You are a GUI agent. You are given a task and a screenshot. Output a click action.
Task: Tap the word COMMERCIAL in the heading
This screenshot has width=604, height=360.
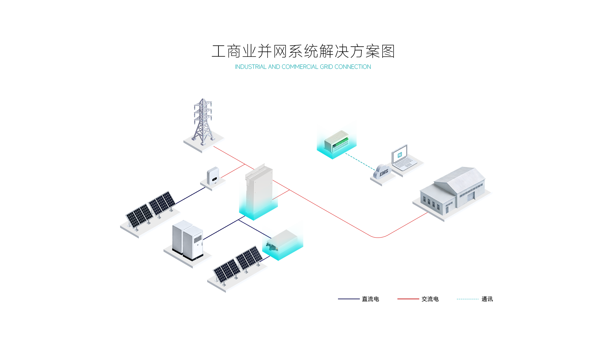click(x=300, y=67)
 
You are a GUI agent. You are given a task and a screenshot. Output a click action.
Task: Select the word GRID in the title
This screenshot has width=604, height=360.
click(x=326, y=67)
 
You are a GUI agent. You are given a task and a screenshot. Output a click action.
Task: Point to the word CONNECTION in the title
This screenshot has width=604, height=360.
click(x=352, y=67)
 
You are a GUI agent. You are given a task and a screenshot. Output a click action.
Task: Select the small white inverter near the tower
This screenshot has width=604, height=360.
click(x=212, y=176)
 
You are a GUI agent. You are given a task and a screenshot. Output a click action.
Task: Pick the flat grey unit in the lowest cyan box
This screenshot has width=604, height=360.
click(x=283, y=239)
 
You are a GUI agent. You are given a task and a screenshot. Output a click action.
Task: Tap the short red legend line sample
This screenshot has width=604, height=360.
click(x=408, y=299)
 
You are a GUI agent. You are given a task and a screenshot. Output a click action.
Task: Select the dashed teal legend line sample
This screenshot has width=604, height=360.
click(x=467, y=299)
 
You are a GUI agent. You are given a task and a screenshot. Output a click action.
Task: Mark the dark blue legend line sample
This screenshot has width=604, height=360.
click(x=349, y=299)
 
